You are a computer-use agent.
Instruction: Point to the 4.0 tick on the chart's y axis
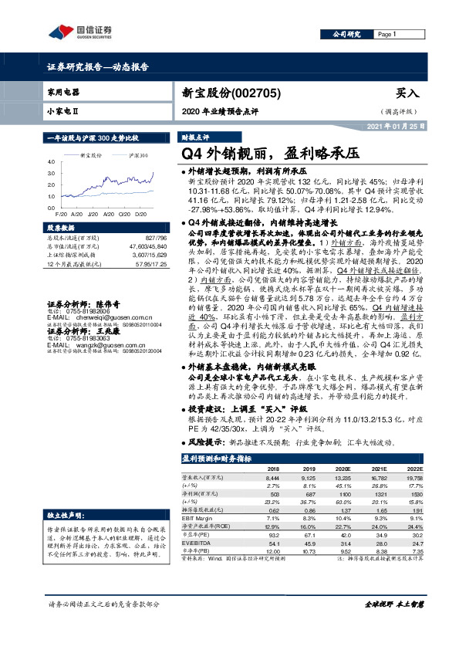[51, 163]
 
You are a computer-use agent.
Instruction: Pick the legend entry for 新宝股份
[91, 155]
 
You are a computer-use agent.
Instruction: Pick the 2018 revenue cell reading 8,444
[273, 479]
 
